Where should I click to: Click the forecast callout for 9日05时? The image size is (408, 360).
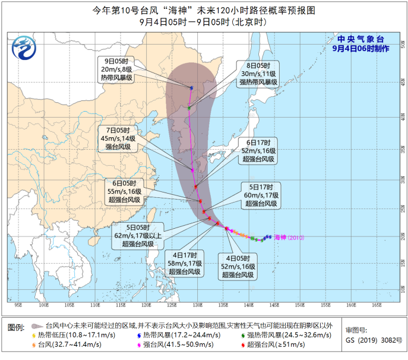pyautogui.click(x=116, y=70)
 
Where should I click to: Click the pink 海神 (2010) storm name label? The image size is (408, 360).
pyautogui.click(x=289, y=238)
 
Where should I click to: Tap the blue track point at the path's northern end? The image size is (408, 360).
pyautogui.click(x=192, y=88)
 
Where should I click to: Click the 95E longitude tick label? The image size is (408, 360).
pyautogui.click(x=18, y=305)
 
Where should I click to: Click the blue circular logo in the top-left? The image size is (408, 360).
pyautogui.click(x=24, y=45)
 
